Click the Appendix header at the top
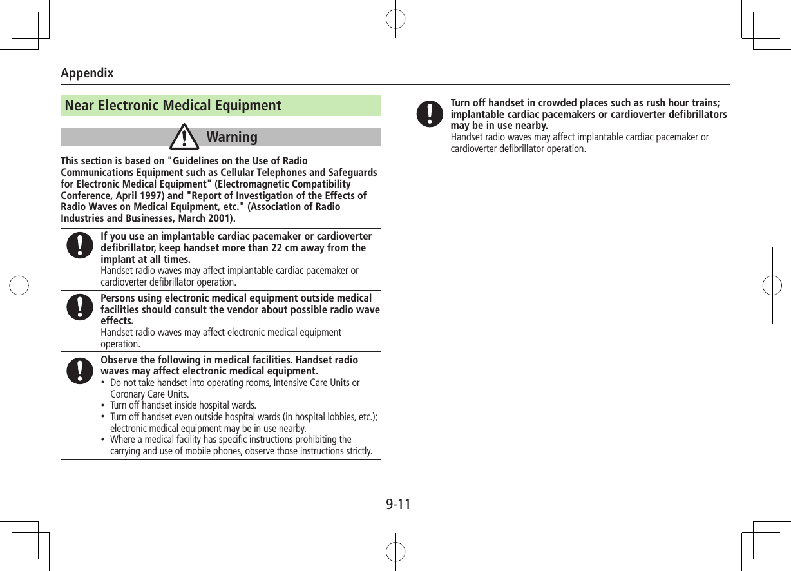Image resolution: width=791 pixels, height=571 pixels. point(87,73)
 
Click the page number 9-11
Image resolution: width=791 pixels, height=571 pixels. point(398,503)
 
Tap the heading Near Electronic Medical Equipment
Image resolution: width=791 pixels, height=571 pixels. point(173,106)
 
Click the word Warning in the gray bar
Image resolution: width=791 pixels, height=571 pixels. point(232,137)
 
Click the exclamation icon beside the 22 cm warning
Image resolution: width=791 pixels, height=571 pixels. point(79,246)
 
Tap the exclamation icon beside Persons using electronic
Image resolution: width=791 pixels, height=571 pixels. point(79,306)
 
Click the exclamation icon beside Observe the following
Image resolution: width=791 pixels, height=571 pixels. point(79,368)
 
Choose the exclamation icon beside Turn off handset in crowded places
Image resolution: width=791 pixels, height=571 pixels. point(430,113)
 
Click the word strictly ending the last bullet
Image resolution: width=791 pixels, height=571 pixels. point(358,450)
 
